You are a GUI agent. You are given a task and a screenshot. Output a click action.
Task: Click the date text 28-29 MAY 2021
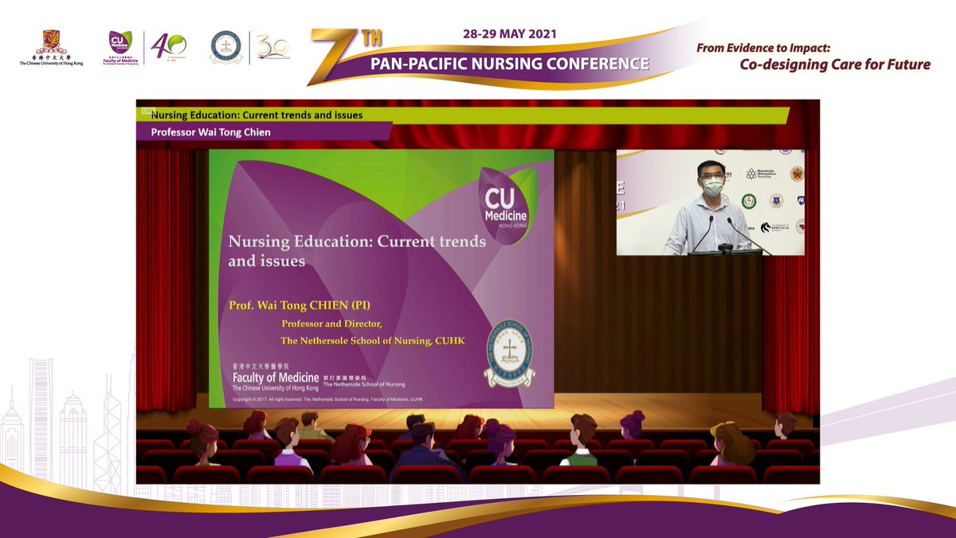[x=510, y=35]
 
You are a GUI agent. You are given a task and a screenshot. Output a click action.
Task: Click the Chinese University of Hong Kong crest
[x=51, y=41]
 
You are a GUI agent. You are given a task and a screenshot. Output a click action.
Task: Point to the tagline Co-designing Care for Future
[x=835, y=65]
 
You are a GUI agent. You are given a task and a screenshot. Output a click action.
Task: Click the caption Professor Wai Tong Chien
[x=211, y=132]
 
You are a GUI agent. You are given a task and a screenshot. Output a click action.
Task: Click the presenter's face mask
[x=713, y=187]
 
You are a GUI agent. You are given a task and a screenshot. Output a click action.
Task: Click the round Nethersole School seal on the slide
[x=510, y=354]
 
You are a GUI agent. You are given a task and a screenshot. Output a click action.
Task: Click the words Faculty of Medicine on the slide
[x=275, y=376]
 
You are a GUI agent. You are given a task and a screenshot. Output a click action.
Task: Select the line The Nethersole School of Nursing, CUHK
[x=372, y=341]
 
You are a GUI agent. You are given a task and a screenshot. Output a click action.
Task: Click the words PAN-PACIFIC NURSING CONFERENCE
[x=510, y=63]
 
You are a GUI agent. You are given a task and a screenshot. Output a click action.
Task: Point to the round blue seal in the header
[x=225, y=48]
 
